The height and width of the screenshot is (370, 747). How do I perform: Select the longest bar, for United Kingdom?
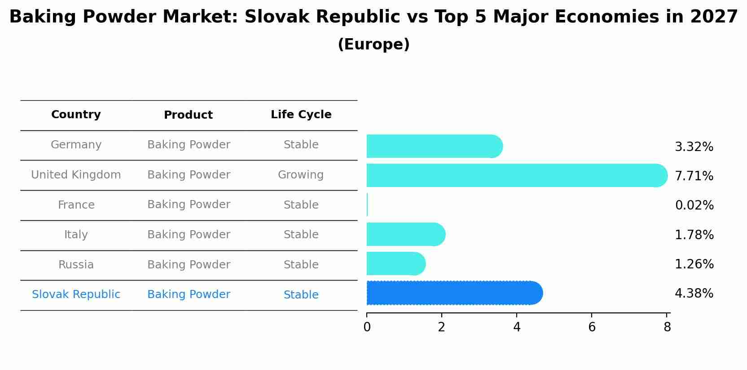coord(516,175)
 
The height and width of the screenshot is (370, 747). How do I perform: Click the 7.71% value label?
coord(694,176)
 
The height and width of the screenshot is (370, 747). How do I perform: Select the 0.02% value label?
coord(694,205)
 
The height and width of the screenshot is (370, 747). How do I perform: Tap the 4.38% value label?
coord(694,294)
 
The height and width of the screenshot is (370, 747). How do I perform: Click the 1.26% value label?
coord(694,264)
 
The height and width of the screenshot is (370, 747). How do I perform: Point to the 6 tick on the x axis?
coord(592,327)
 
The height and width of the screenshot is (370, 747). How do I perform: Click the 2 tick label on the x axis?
coord(442,327)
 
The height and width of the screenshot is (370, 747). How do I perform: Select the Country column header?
coord(76,115)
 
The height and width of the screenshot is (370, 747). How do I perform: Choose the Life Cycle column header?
coord(301,115)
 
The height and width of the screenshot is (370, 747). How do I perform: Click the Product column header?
coord(188,115)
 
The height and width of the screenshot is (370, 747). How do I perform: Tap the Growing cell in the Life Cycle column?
coord(301,175)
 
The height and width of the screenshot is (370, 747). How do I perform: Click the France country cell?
coord(76,205)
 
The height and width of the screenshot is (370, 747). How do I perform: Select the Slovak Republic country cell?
coord(76,294)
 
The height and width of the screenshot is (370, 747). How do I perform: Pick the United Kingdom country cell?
coord(76,175)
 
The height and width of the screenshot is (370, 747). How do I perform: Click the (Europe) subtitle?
coord(373,45)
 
